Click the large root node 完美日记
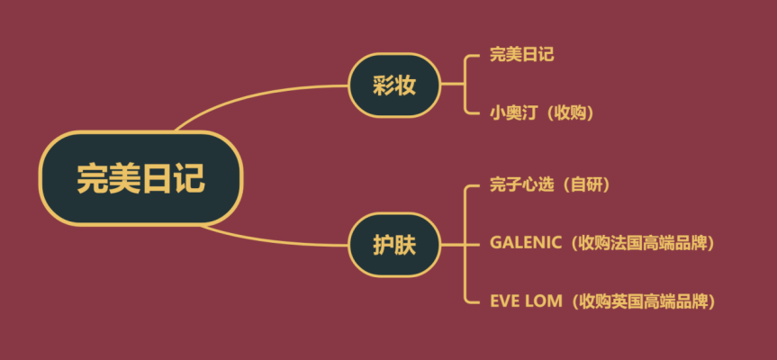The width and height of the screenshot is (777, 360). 140,178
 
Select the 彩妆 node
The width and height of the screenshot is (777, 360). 394,85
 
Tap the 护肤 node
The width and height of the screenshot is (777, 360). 394,244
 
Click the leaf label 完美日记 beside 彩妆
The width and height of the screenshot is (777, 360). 522,55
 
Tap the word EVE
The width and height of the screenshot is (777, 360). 505,301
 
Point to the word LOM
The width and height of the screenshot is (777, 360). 545,301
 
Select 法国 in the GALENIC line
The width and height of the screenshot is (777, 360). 628,243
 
